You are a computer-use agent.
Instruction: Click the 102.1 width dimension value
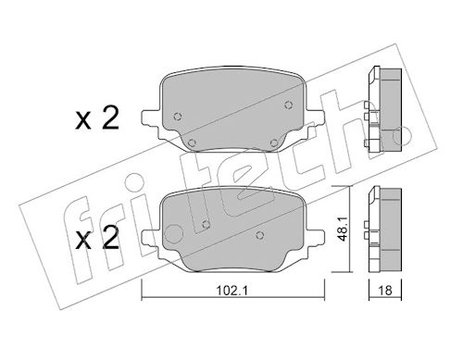(x=232, y=291)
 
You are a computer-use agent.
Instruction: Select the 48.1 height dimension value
(x=343, y=229)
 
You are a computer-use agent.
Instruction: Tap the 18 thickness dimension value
(x=385, y=291)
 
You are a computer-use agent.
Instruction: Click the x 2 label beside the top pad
(x=97, y=119)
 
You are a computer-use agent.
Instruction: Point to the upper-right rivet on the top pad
(x=288, y=106)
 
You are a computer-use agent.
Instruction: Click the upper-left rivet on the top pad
(x=178, y=117)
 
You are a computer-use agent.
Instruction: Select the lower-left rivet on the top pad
(x=192, y=143)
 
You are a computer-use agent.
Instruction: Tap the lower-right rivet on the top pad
(x=274, y=143)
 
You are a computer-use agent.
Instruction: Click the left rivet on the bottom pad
(x=206, y=224)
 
